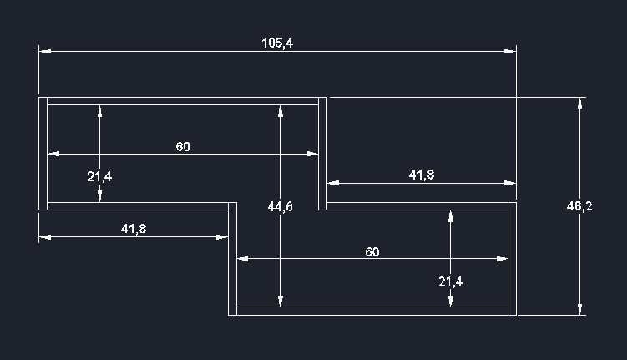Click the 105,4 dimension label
click(276, 43)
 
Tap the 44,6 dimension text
click(280, 207)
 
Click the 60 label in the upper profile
click(183, 146)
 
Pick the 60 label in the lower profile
click(372, 251)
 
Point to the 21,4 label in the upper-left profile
click(99, 176)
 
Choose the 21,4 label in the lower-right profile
click(450, 281)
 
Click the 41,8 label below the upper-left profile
click(134, 228)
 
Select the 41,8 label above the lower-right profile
click(421, 175)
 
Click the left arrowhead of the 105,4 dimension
click(44, 52)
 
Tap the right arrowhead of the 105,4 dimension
click(510, 52)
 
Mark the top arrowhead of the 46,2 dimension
click(579, 103)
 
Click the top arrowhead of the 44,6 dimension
click(280, 110)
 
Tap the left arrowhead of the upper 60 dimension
click(53, 154)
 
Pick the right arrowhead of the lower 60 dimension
click(503, 259)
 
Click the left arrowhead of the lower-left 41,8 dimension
click(44, 237)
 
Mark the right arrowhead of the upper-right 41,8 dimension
click(510, 183)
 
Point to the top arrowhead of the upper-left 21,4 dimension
click(99, 110)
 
